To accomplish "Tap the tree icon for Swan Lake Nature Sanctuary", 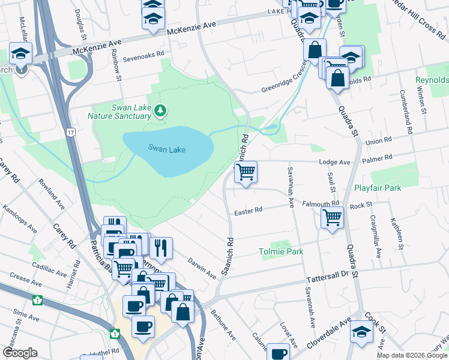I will pos(160,110).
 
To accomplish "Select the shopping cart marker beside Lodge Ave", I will pos(246,173).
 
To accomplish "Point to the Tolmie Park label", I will pos(281,251).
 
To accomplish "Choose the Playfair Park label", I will pos(377,188).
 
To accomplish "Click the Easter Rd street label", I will pos(249,211).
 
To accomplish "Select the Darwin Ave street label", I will pos(202,268).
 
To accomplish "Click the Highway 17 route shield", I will pos(71,131).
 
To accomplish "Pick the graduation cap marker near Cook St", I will pos(362,331).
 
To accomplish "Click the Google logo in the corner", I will pos(19,353).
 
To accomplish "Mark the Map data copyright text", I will pos(412,355).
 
